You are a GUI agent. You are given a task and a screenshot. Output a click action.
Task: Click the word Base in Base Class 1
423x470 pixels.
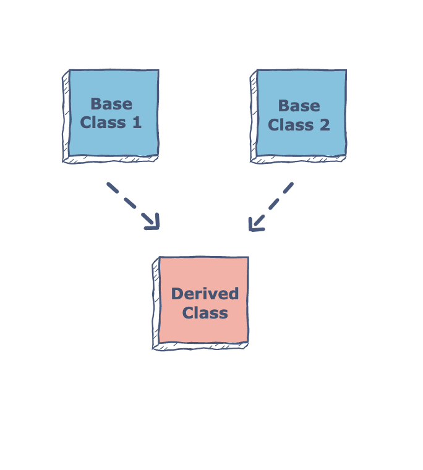111,104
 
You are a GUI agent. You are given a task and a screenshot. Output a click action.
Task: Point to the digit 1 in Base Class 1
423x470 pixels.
137,122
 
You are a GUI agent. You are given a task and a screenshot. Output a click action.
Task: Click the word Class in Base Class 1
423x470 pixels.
103,122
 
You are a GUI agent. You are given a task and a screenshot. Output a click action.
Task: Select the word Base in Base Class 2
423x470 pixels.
299,106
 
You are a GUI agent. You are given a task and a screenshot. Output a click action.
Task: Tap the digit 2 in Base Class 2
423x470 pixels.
325,125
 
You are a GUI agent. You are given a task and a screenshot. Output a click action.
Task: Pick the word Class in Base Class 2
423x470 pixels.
291,125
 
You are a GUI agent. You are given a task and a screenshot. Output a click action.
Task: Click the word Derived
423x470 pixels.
205,294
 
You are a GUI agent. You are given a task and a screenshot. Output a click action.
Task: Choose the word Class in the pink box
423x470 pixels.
205,313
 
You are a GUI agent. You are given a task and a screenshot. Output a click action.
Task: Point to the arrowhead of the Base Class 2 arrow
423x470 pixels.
254,225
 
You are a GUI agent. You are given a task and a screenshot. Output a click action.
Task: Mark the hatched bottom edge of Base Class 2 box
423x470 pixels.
299,160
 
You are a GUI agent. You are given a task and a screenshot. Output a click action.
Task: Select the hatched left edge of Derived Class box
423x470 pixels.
155,303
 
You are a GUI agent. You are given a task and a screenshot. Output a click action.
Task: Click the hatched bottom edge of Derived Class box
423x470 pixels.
201,346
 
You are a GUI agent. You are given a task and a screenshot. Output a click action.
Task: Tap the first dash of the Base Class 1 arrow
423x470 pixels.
112,187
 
